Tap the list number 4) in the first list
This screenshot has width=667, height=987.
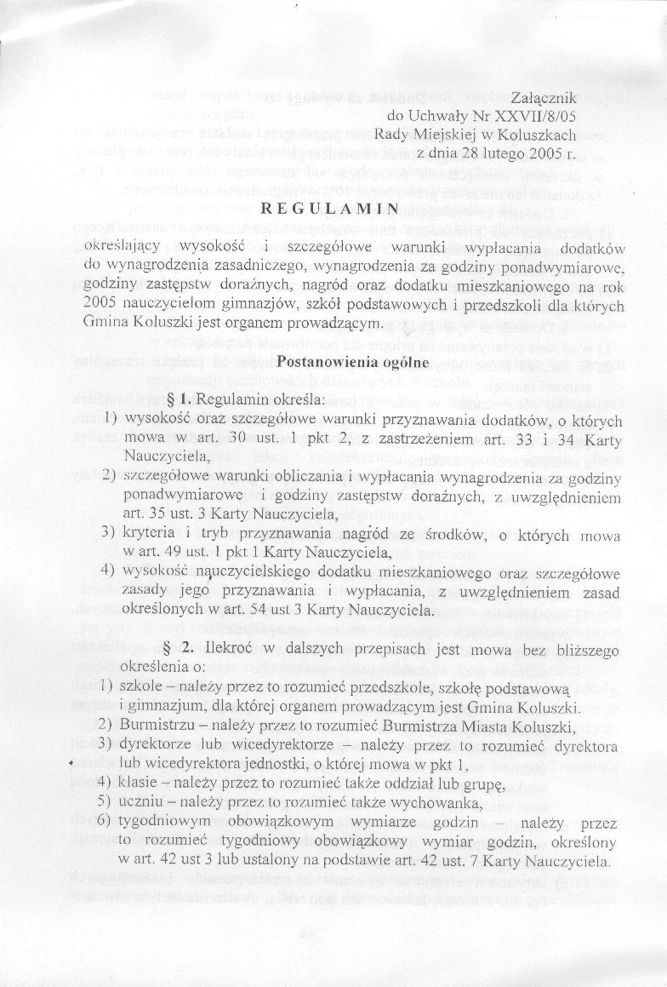point(108,571)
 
